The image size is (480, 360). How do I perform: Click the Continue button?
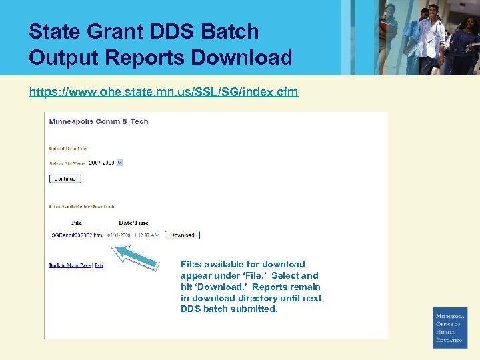pos(65,179)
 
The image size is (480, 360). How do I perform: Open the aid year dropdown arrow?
pos(120,163)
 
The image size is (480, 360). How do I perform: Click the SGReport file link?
pos(77,235)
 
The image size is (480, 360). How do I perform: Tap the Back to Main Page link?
pos(69,265)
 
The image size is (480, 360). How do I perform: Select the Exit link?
pos(99,265)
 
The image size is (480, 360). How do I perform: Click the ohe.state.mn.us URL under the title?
pos(163,91)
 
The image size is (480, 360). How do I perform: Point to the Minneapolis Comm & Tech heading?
pos(99,121)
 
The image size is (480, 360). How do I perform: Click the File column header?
pos(77,223)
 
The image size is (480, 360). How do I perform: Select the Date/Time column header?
pos(133,223)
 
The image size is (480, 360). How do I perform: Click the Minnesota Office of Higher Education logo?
pos(450,327)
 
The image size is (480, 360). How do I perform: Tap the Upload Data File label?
pos(68,148)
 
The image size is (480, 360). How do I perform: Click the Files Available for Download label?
pos(81,207)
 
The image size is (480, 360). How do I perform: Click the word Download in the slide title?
pos(241,57)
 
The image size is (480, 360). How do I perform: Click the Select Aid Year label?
pos(67,163)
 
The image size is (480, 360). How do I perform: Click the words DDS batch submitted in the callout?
pos(229,309)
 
